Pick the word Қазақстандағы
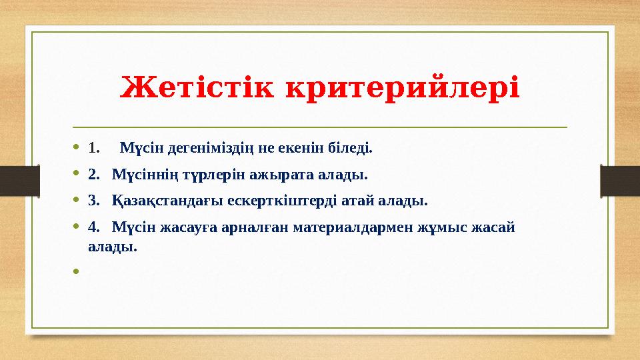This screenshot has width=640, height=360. [x=167, y=200]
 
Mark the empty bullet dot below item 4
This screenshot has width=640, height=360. [x=77, y=271]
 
